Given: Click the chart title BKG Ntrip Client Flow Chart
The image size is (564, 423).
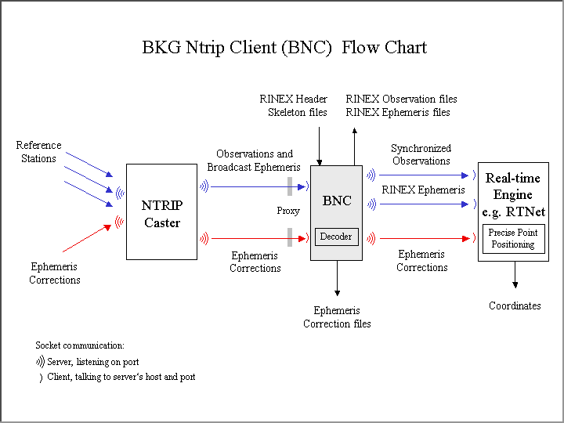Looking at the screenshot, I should (284, 47).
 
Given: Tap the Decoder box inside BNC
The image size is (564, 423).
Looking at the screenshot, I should (336, 237).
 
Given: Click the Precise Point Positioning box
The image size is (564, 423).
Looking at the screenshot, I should (513, 239).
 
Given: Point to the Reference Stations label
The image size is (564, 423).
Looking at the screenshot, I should (38, 152).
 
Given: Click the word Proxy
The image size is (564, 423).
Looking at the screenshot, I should (288, 211).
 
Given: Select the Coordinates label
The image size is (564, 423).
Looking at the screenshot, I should (515, 305).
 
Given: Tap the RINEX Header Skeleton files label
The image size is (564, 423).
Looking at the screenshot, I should (294, 106).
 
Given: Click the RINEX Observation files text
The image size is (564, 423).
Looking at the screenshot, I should (401, 99).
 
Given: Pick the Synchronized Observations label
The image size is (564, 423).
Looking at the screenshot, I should (421, 154).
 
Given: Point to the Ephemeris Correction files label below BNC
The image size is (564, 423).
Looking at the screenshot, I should (337, 317).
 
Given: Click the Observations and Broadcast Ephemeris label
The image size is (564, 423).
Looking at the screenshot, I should (254, 161).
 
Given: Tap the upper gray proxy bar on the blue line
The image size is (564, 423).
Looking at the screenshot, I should (290, 186).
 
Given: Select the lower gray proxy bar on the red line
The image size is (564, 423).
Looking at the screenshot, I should (290, 237).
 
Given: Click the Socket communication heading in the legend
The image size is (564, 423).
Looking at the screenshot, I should (80, 345).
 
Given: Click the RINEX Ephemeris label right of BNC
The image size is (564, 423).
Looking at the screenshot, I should (423, 190).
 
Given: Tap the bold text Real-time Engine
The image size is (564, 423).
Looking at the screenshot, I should (513, 186).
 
